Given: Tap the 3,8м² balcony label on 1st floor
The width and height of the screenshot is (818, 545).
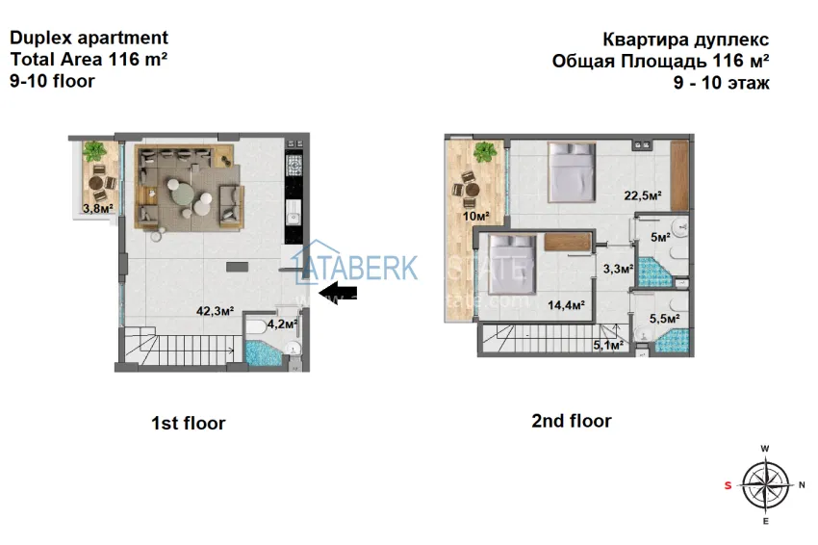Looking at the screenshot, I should click(97, 208).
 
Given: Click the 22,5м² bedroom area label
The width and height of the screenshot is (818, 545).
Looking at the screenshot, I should click(643, 196).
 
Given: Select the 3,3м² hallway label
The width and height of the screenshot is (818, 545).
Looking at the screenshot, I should click(617, 270).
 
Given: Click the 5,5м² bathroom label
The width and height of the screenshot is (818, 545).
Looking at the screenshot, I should click(665, 318).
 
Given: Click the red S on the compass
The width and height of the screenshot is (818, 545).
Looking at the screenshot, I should click(728, 485).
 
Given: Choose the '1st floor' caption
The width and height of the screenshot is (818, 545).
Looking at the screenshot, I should click(188, 423).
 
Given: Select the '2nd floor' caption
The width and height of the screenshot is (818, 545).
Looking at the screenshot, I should click(572, 421).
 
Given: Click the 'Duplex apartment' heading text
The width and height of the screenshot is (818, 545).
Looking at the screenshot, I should click(89, 39).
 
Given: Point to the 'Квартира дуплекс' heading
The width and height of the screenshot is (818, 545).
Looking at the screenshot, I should click(685, 39).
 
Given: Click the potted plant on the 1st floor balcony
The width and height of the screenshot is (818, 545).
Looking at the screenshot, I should click(95, 151).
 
